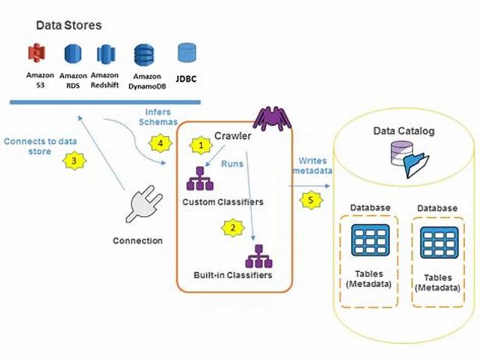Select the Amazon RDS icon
73,55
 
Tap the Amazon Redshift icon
106,55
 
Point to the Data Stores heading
69,25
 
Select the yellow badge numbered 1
201,146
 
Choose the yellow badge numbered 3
74,161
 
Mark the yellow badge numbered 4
159,144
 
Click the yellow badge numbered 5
310,200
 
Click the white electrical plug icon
142,207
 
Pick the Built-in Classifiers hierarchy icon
257,257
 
